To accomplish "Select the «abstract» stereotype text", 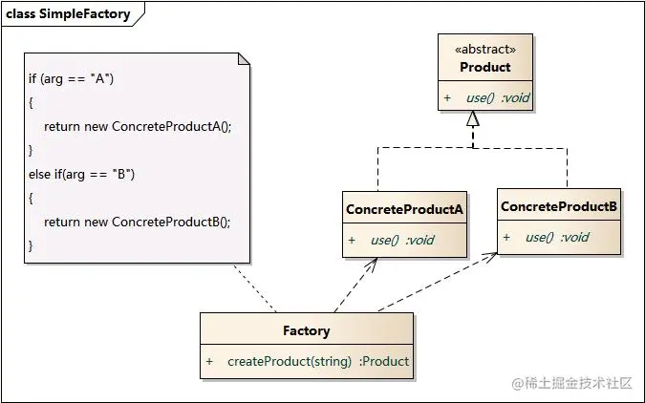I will coord(485,50).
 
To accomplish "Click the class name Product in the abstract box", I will coord(485,67).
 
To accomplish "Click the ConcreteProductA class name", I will coord(404,209).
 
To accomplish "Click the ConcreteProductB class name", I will coord(559,206).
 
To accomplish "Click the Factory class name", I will coord(307,330).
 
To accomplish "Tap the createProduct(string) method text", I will coord(289,361).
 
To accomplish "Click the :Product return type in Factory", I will coord(384,361).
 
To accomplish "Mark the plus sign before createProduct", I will coord(209,361).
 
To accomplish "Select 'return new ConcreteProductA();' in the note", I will coord(138,125).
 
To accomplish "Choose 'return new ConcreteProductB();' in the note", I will coord(138,221).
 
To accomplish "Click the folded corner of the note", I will coord(244,59).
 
